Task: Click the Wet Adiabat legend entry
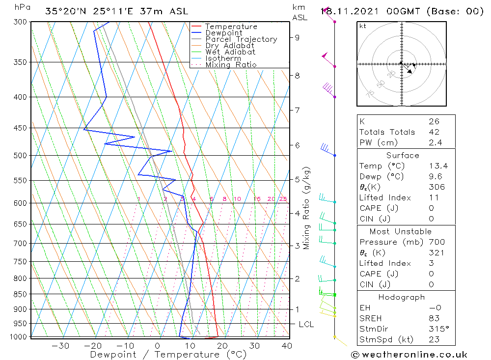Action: [230, 52]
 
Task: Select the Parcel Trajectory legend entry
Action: [241, 39]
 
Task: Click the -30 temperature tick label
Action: [60, 346]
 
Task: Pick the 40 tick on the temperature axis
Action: [287, 346]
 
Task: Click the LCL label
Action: [306, 325]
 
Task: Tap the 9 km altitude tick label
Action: [298, 37]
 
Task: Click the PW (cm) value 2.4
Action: [435, 143]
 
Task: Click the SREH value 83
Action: [434, 318]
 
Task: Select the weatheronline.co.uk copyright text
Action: [409, 355]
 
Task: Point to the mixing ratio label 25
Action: [283, 199]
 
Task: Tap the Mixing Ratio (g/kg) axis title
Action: [307, 208]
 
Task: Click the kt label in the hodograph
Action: [362, 26]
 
